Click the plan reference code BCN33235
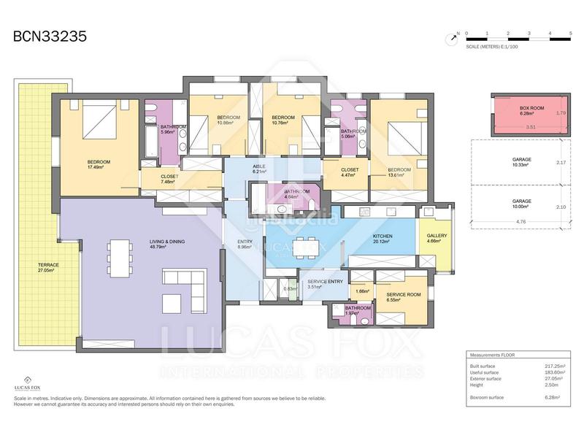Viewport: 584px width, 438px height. (x=50, y=37)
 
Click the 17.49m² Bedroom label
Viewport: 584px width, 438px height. (x=99, y=164)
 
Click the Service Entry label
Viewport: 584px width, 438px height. (x=326, y=283)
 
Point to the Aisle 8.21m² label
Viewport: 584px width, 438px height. (x=258, y=169)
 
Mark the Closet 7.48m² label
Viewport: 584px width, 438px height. (x=169, y=179)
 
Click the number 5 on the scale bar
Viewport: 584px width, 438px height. (x=569, y=33)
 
